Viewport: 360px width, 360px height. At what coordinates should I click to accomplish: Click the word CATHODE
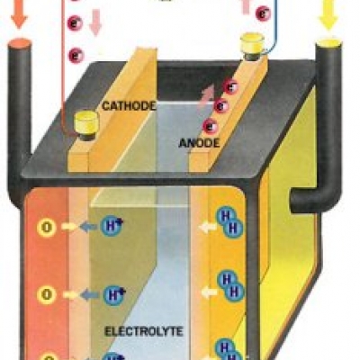coord(129,106)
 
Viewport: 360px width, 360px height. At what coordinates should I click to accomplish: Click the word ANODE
coord(199,143)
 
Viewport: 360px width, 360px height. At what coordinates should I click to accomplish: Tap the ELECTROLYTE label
coord(144,331)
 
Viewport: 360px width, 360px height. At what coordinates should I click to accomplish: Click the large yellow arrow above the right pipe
coord(328,15)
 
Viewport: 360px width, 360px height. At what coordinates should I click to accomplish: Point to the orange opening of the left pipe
coord(19,44)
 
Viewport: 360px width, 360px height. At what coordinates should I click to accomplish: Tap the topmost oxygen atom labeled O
coord(47,228)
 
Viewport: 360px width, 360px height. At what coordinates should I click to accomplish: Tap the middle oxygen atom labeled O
coord(47,294)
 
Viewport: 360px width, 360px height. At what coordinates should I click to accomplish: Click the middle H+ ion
coord(113,295)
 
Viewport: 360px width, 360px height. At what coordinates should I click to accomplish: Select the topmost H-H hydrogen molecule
coord(229,222)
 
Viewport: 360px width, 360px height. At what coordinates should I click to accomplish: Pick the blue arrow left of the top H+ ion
coord(88,227)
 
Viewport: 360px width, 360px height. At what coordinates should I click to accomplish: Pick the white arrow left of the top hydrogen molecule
coord(208,228)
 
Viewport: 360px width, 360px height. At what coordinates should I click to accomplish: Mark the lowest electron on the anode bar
coord(210,126)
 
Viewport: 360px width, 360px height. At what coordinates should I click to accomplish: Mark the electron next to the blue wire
coord(263,13)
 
